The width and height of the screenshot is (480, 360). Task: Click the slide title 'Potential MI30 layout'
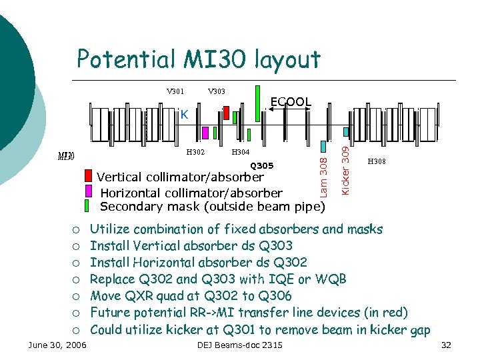199,59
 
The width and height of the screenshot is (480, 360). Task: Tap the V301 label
175,91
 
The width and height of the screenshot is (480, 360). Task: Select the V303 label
217,91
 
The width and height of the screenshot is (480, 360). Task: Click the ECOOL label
291,102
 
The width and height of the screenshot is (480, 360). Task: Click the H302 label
195,153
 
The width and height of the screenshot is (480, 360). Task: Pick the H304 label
239,153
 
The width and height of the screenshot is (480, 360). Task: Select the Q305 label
261,165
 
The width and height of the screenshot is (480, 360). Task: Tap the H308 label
377,161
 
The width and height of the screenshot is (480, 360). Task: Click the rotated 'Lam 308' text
323,175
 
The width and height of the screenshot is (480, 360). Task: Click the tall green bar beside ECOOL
257,103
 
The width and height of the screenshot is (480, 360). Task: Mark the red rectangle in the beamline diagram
227,113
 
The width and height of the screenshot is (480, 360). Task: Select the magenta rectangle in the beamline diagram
205,133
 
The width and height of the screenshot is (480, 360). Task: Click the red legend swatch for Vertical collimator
89,177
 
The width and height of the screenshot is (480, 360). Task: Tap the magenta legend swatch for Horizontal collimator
89,191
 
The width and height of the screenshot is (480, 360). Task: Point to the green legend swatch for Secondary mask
89,205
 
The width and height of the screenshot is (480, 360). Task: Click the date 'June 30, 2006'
57,345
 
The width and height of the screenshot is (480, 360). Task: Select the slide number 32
447,345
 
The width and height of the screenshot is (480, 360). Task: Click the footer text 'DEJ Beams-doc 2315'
240,345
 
